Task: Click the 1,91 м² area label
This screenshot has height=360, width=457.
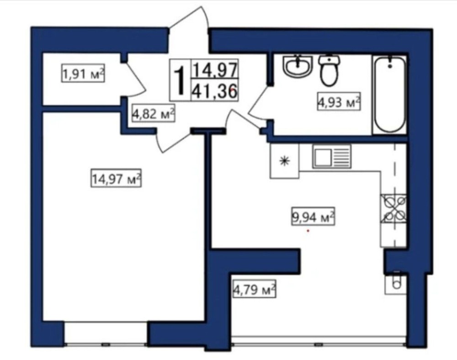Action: [83, 74]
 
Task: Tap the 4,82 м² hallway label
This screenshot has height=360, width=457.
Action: [154, 114]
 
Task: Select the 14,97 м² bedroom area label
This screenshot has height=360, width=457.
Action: [116, 178]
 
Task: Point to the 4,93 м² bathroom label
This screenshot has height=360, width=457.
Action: [339, 102]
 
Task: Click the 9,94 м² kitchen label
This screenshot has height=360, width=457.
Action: [313, 217]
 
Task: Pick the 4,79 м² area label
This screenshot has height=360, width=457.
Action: [254, 289]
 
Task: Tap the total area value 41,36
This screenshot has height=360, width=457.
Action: [214, 90]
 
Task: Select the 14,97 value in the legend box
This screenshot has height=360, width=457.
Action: [214, 69]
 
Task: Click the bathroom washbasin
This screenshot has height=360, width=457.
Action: [298, 66]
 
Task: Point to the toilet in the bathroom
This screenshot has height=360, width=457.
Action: [329, 70]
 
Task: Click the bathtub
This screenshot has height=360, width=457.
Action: [390, 95]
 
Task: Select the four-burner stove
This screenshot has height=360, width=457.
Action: [393, 208]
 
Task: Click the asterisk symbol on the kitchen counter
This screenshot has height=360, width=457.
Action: [284, 161]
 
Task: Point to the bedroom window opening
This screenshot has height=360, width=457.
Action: [106, 333]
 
